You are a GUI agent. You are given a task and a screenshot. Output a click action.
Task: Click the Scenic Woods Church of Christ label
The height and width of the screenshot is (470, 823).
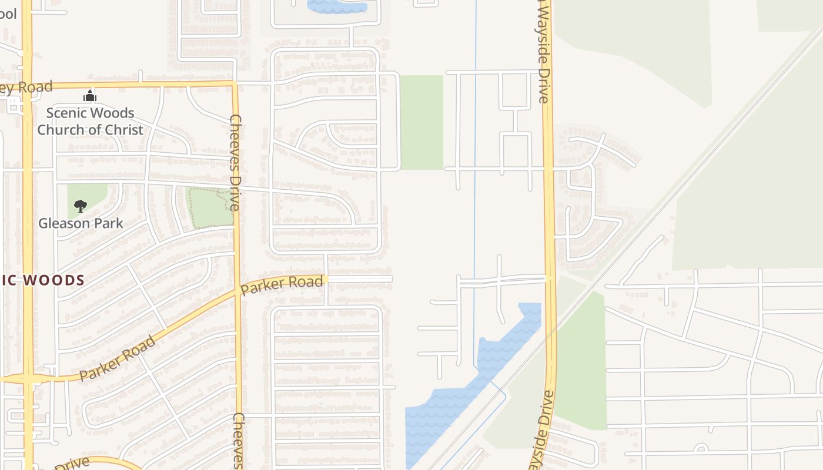coord(90,122)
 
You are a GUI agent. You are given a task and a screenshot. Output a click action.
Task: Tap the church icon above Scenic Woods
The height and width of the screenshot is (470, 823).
coord(89,96)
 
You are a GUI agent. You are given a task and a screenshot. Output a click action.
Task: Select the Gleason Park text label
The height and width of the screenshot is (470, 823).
coord(81,223)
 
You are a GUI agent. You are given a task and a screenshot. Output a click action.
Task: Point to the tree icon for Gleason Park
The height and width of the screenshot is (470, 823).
coord(81,206)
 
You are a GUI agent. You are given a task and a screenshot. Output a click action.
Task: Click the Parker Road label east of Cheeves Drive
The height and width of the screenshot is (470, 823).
coord(282,284)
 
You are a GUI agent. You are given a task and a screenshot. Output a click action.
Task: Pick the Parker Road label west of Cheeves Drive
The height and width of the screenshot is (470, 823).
coord(118,358)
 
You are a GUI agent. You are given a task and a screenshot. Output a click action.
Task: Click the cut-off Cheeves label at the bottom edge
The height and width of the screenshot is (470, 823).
coord(238,441)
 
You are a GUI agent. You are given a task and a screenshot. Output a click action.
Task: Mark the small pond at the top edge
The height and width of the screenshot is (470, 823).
coord(337,6)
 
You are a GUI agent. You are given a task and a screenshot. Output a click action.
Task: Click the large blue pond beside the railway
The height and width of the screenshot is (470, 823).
coord(464,388)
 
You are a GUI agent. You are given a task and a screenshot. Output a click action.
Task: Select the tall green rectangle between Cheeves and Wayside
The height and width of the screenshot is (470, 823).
coord(421,122)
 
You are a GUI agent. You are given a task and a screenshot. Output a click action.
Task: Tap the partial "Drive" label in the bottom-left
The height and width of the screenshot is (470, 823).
coord(73,463)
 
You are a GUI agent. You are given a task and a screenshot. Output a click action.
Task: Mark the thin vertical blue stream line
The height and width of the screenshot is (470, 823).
coord(475,176)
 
